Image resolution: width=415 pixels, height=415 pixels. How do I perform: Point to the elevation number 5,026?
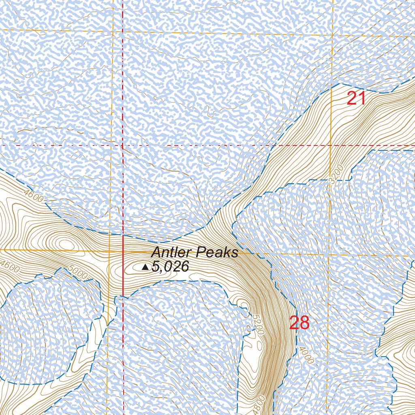tap(171, 267)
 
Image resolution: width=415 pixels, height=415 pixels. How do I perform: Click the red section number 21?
tap(357, 98)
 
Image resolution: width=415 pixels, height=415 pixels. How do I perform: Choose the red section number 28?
tap(299, 323)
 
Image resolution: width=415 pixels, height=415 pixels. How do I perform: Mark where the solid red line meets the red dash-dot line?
tap(123, 145)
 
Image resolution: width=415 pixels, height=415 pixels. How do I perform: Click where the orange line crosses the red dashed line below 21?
tap(331, 145)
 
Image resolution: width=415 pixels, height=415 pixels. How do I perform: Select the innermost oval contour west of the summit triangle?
tap(65, 244)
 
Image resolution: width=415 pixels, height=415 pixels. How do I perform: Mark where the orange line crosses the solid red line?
tap(123, 251)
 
